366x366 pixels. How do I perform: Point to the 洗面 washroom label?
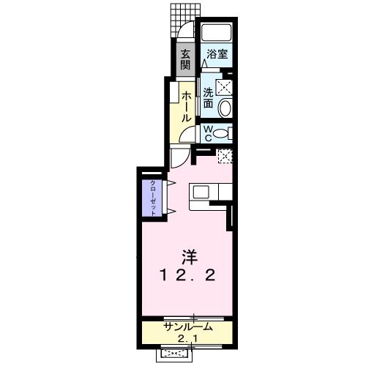coord(208,99)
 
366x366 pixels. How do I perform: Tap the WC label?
coord(208,133)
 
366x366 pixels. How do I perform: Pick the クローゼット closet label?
coord(153,197)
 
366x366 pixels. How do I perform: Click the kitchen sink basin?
coord(201,191)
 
